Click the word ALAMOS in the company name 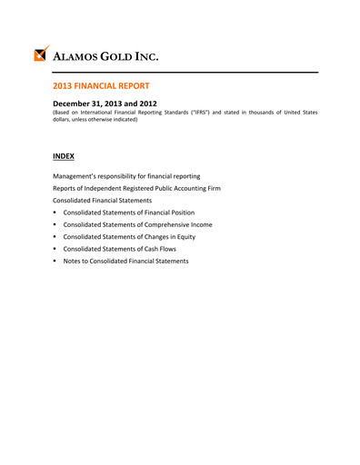coord(82,56)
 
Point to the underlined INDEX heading coord(64,156)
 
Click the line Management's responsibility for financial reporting coord(127,175)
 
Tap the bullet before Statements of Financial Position coord(55,213)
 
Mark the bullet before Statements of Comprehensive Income coord(55,224)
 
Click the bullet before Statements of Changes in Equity coord(55,237)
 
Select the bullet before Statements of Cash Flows coord(55,249)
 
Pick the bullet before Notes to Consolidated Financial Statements coord(55,262)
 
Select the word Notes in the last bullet coord(74,262)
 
